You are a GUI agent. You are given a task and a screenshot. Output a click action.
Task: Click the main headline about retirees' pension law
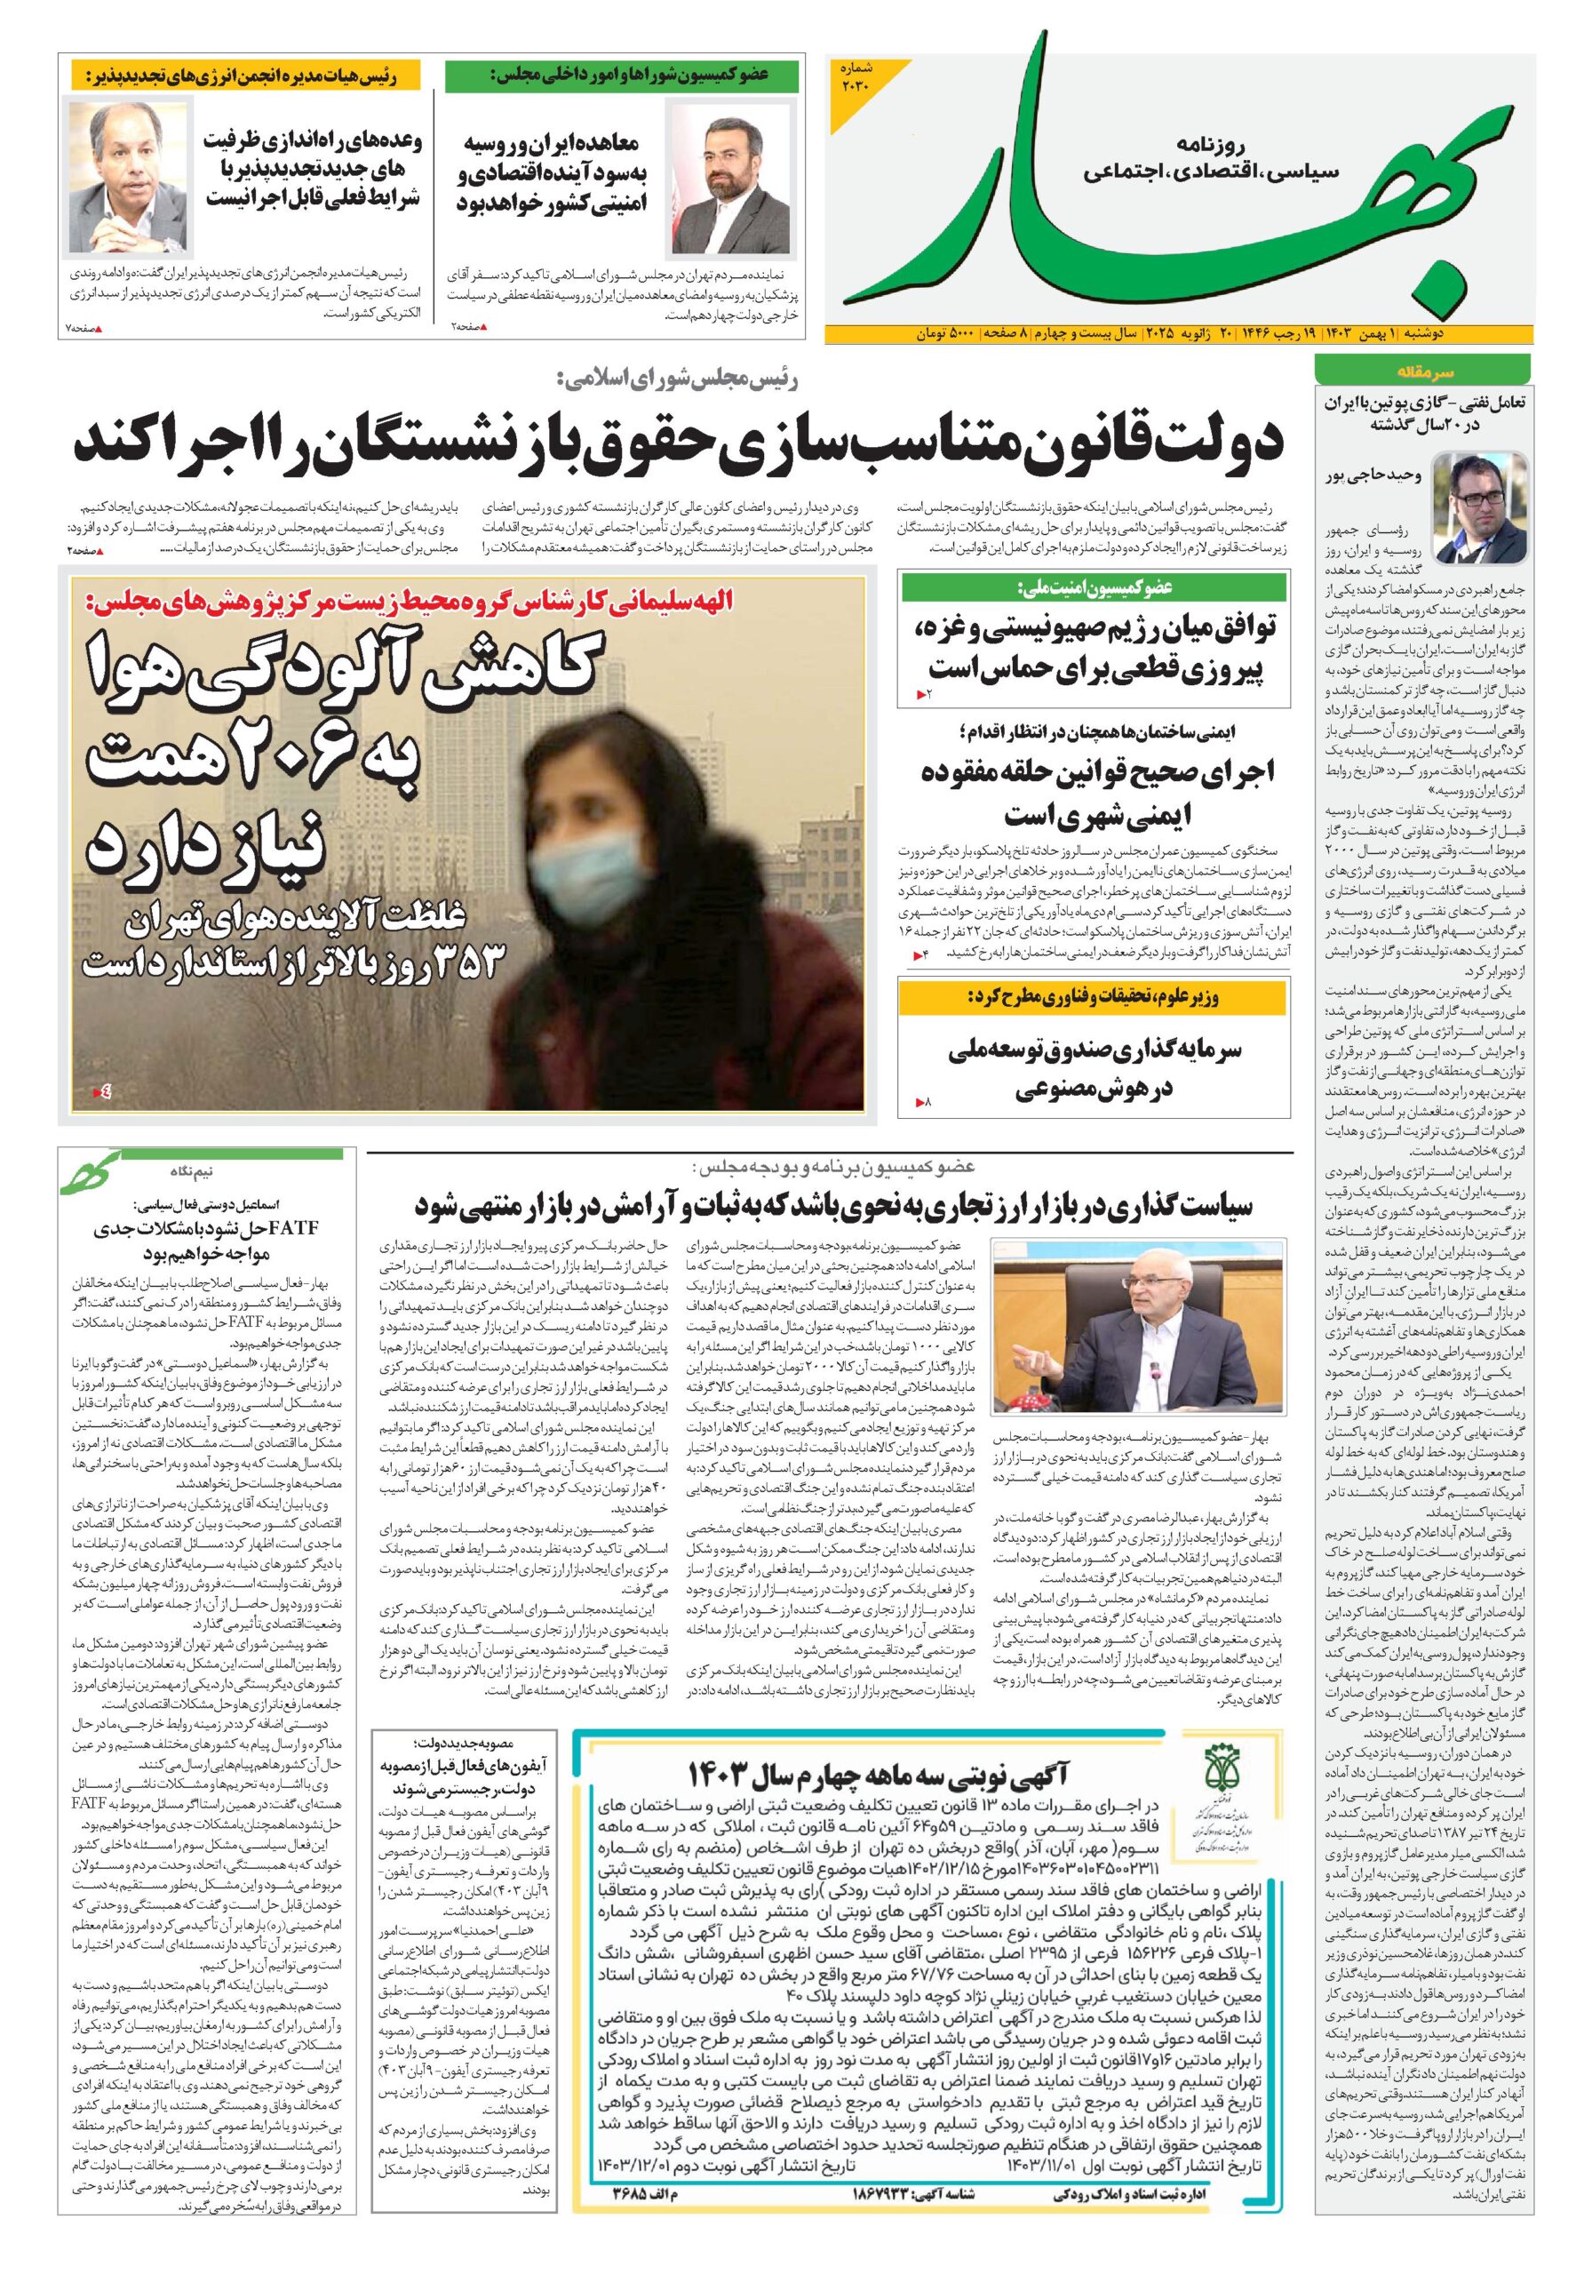click(678, 441)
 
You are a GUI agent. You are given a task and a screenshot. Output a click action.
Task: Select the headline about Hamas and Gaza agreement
click(1094, 649)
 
